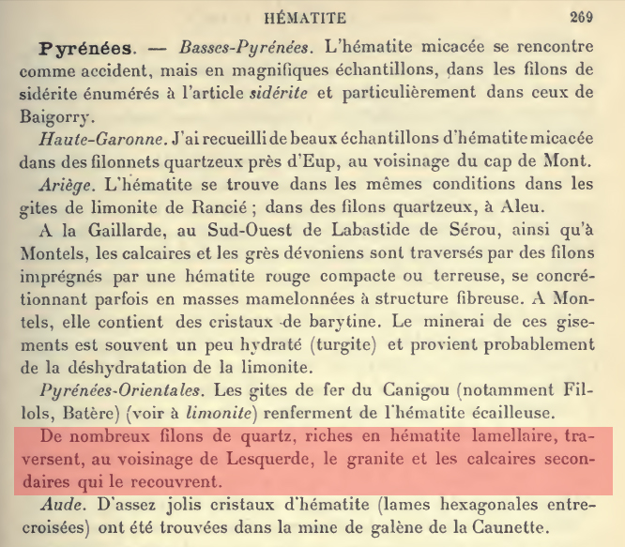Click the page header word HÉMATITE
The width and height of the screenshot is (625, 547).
click(x=307, y=16)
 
